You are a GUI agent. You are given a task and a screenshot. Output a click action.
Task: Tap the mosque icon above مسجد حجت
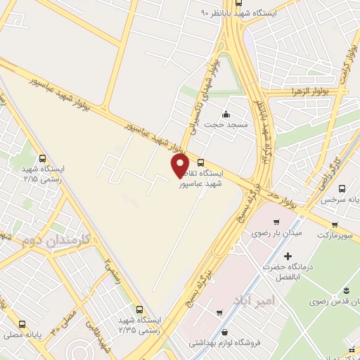click(x=225, y=115)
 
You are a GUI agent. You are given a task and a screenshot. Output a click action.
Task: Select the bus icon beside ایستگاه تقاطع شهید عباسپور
click(x=202, y=162)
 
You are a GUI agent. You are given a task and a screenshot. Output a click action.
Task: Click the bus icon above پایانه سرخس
click(x=342, y=188)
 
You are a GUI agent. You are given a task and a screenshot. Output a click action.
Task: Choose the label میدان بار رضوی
click(x=278, y=232)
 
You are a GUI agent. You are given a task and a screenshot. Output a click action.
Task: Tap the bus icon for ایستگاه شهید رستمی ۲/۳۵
click(x=139, y=309)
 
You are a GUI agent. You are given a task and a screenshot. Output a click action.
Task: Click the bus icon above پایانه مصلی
click(x=23, y=326)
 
